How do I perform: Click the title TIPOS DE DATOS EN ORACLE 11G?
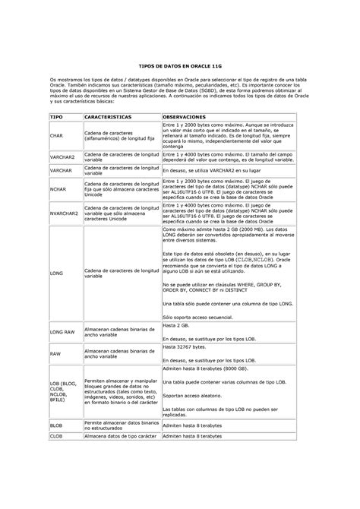(179, 67)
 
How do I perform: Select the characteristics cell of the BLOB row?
(122, 425)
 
